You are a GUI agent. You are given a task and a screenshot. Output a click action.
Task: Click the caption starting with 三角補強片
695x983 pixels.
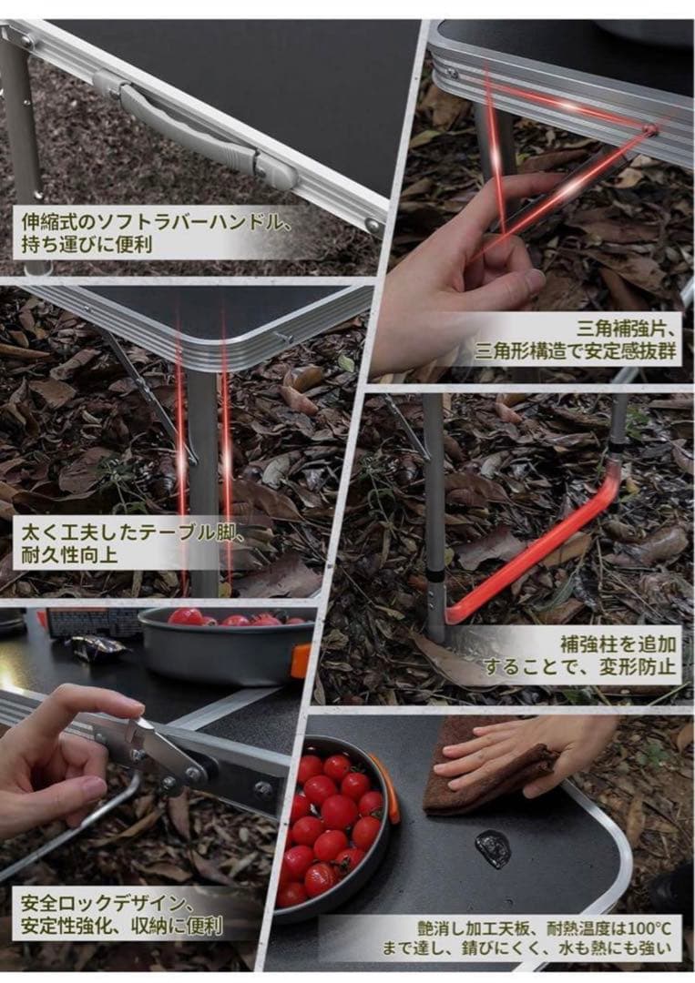[x=575, y=338]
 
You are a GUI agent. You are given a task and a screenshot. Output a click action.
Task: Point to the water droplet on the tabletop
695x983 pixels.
[x=493, y=848]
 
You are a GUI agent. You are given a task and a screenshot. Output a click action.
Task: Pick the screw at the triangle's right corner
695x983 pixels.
[x=649, y=131]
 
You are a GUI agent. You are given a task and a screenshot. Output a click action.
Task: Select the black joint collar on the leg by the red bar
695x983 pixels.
[x=438, y=579]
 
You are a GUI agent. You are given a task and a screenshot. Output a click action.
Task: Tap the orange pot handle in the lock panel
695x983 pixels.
[x=300, y=660]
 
